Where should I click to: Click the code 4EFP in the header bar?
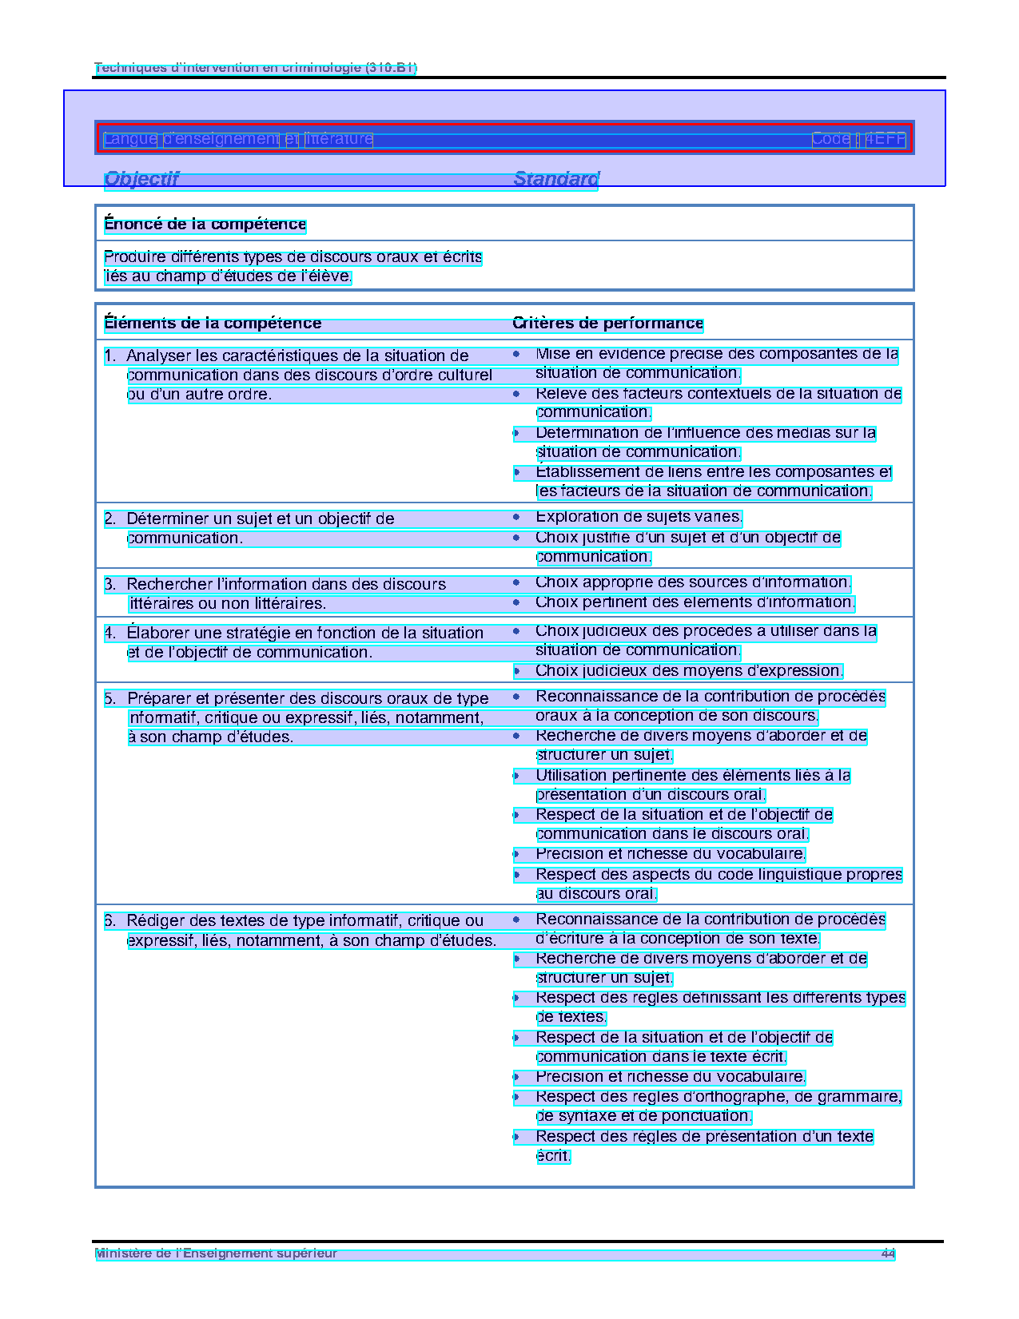point(886,139)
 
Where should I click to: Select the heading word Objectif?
point(141,179)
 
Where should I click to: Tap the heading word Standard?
point(556,179)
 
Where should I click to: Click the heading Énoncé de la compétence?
point(205,224)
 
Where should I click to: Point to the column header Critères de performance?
point(607,324)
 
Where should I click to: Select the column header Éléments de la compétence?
point(213,324)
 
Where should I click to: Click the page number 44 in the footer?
point(888,1253)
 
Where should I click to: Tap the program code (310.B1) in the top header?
point(391,68)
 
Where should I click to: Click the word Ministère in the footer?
point(121,1253)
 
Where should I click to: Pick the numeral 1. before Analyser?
point(110,356)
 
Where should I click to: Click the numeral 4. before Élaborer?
point(110,634)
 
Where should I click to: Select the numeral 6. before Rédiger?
point(110,921)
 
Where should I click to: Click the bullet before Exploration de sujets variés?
point(517,518)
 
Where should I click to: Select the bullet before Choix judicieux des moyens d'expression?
point(517,671)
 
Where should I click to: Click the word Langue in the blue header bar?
point(130,139)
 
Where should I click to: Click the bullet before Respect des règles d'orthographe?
point(517,1098)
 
